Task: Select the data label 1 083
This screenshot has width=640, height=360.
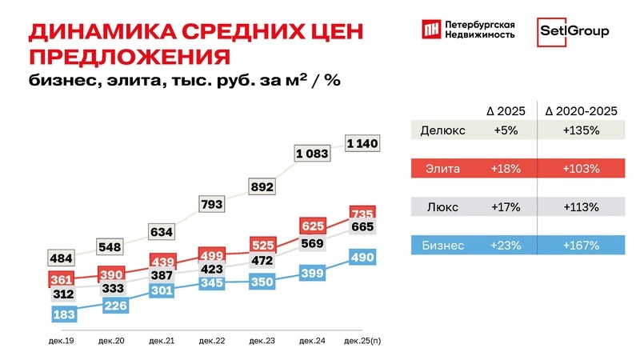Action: [312, 153]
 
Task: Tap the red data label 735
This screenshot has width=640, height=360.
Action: [362, 214]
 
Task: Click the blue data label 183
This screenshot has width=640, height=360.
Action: [65, 314]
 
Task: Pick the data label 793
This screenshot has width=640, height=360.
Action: [212, 205]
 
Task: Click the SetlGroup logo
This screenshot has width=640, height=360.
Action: [573, 30]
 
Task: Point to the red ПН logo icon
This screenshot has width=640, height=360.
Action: [430, 30]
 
